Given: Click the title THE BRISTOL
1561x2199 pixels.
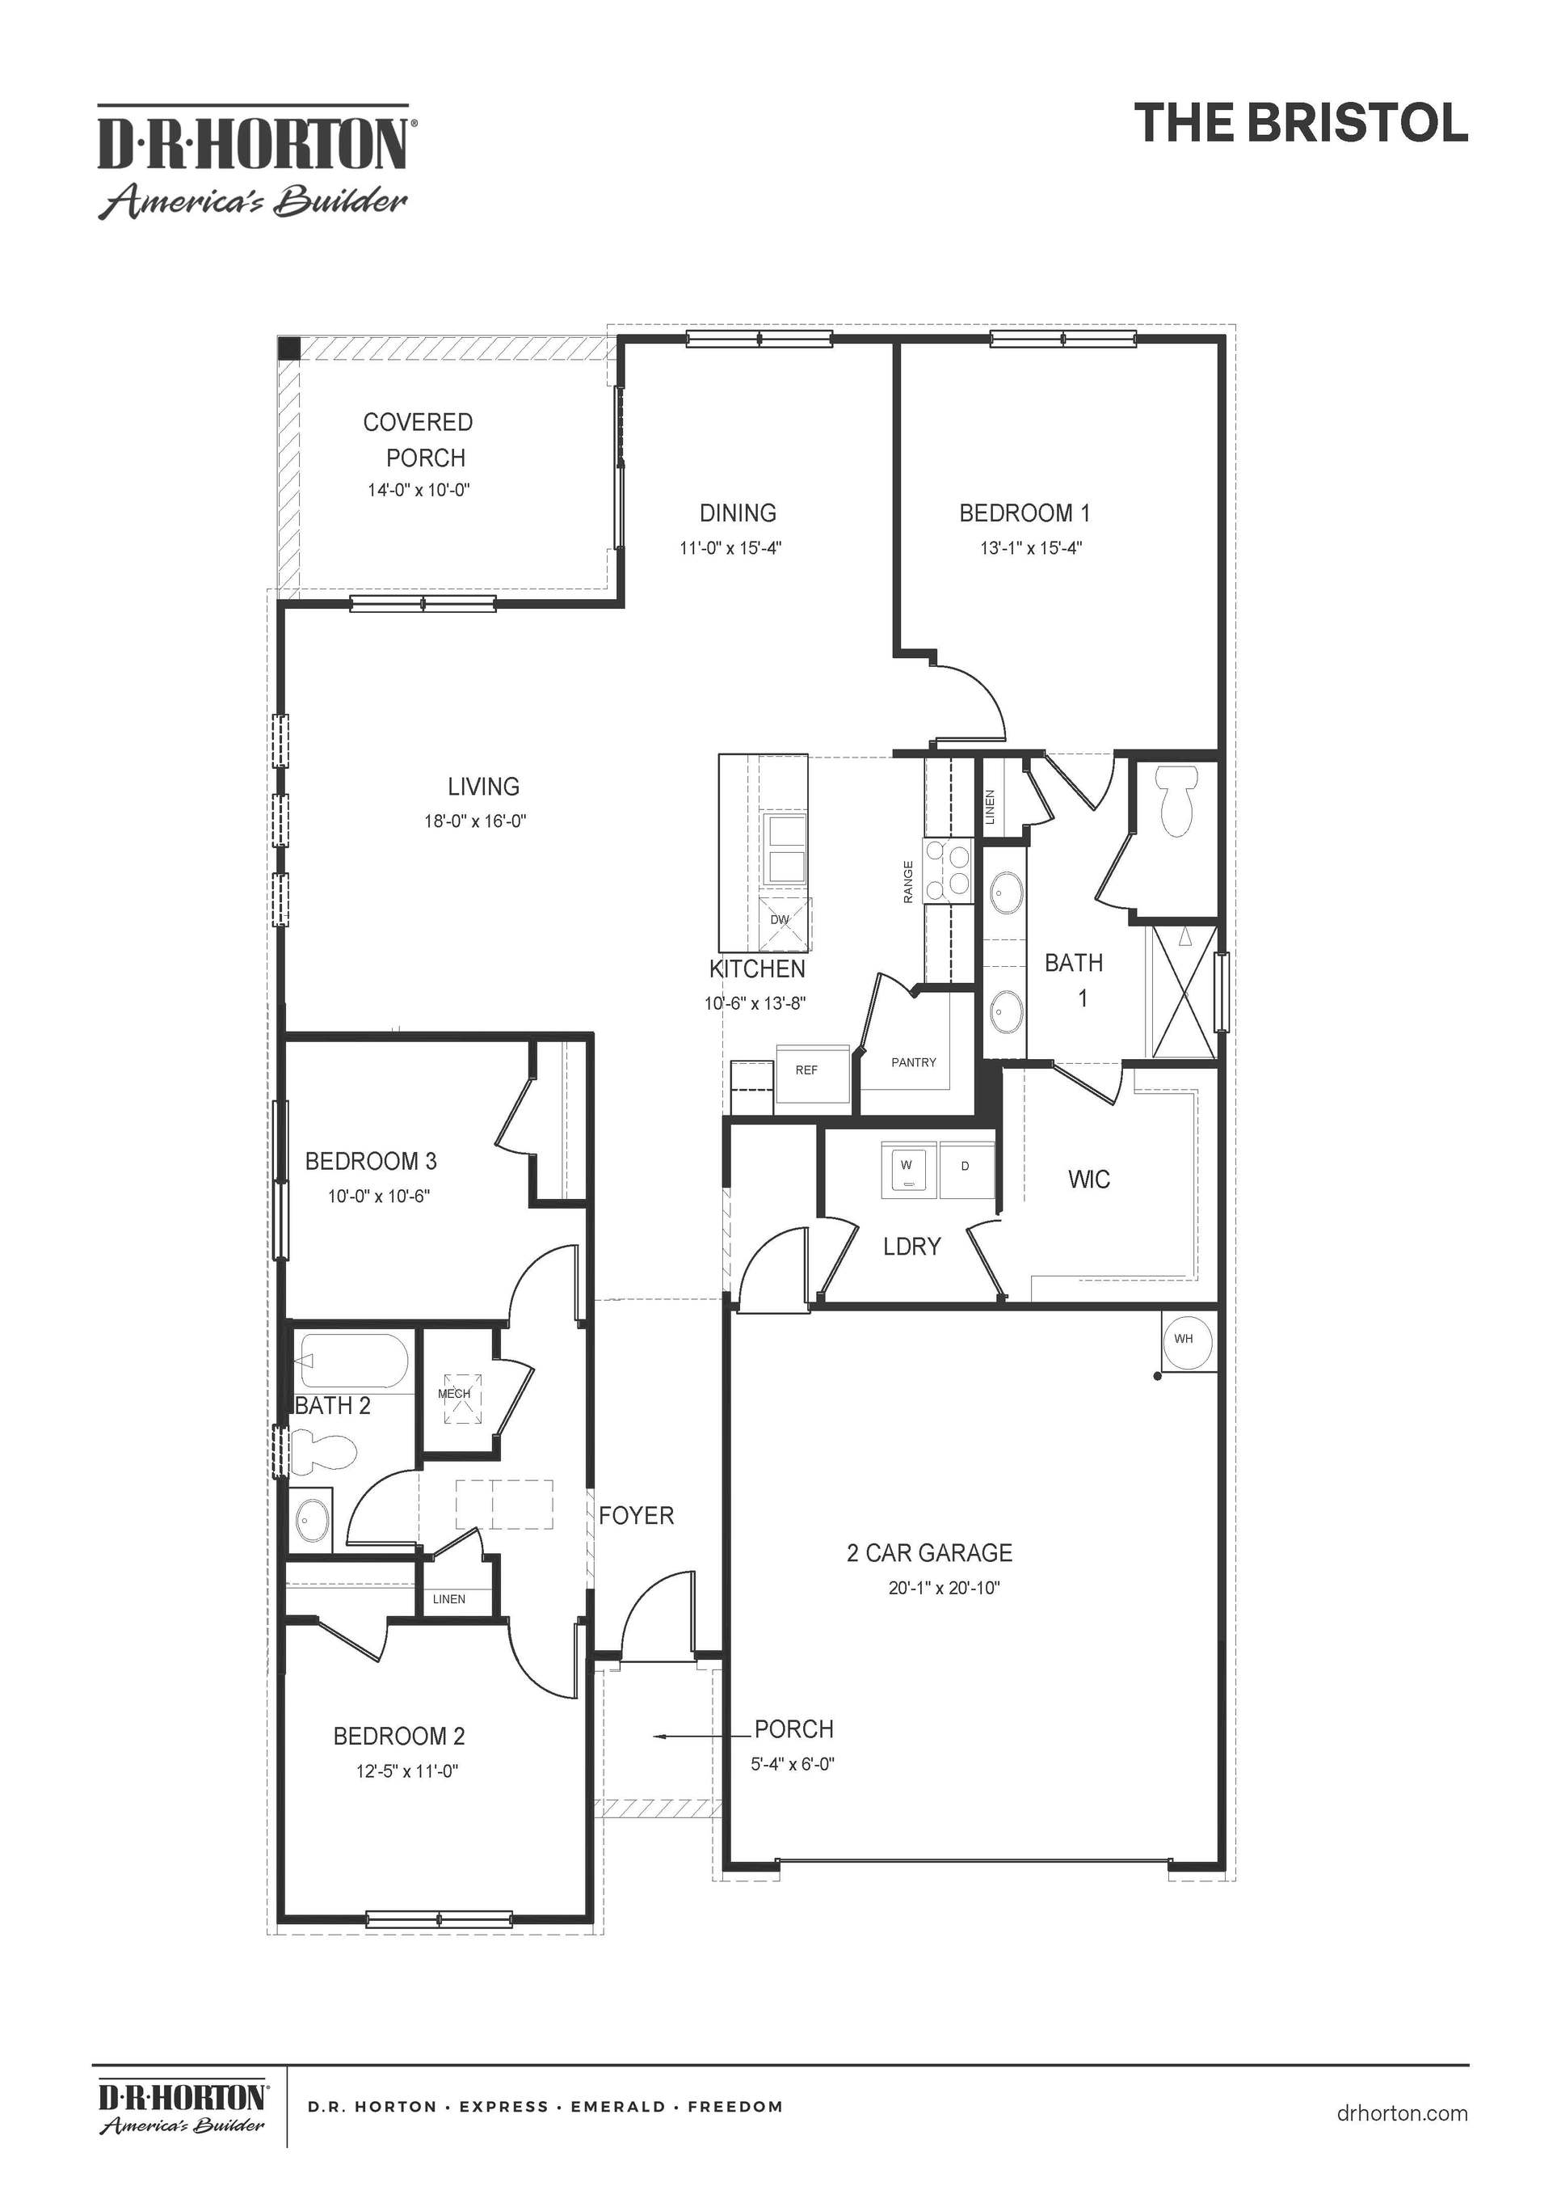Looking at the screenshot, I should pos(1301,123).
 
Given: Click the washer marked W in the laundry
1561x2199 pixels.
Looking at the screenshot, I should pos(907,1170).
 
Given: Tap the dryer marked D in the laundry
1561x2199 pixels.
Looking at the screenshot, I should pos(966,1170).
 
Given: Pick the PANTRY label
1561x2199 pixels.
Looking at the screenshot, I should pos(913,1062).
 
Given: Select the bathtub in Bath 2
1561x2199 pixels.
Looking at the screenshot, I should pos(354,1361).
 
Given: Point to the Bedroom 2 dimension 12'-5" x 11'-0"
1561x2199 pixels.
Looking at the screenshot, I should pos(407,1771).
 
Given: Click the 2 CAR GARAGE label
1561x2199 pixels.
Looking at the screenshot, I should pos(929,1553).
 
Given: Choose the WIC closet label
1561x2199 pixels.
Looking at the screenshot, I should pos(1089,1179).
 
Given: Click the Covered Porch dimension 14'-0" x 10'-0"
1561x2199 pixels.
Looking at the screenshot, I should pos(419,491).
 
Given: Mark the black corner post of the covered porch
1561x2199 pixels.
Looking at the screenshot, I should pos(288,348).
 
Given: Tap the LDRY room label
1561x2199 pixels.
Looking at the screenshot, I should pos(911,1246).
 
